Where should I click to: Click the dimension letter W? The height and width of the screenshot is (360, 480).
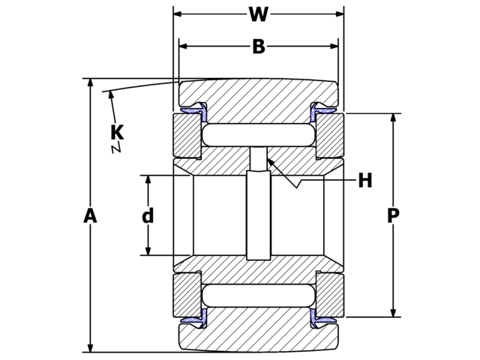pos(258,14)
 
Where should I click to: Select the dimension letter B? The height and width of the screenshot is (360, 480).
pos(258,47)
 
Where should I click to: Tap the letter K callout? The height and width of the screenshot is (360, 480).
pos(116,133)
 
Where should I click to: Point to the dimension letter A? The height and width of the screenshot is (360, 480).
pos(90,216)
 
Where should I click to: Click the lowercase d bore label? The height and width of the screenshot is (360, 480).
pos(148,216)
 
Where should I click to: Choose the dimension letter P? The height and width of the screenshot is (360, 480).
pos(393,216)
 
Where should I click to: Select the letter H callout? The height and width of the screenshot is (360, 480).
pos(364,181)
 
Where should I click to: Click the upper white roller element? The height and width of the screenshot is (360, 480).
pos(258,135)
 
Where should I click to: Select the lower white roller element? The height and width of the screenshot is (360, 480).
pos(258,295)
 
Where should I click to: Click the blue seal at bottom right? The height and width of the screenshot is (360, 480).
pos(323,320)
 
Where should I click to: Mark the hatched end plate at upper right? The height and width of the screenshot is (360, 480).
pos(330,136)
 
